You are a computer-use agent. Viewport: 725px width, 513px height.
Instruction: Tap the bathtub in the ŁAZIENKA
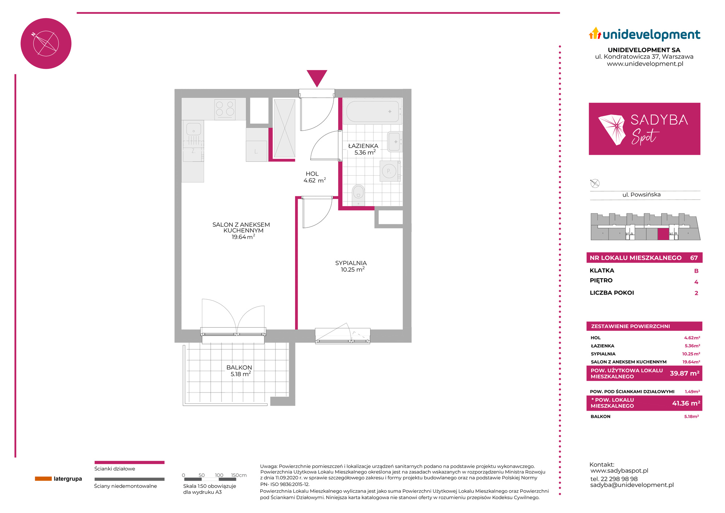coord(373,111)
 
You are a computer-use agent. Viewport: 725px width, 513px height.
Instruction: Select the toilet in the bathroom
coord(358,194)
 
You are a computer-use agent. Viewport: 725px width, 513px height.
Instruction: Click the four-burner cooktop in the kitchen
coord(225,109)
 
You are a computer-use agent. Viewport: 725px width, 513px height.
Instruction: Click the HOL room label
coord(312,174)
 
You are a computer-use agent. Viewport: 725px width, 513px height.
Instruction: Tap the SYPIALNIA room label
coord(351,263)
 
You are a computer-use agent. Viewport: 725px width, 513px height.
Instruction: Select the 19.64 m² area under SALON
coord(243,237)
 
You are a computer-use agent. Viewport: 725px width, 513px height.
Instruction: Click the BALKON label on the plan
coord(239,368)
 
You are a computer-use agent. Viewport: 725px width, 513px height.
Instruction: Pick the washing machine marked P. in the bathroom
coord(389,171)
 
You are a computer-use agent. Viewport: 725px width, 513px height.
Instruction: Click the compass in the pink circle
coord(46,44)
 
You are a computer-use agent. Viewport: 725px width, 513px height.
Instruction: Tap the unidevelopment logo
coord(645,34)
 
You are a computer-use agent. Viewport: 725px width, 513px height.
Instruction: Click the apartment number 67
coord(694,258)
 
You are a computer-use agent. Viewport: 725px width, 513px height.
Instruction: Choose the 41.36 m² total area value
coord(686,403)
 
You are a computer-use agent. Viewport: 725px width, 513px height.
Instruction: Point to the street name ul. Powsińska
coord(642,195)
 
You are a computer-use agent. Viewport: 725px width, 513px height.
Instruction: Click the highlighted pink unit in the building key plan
coord(663,234)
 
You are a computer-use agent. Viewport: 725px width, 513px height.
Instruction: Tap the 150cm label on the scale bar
coord(239,475)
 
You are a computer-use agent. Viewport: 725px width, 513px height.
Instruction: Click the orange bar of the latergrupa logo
coord(43,479)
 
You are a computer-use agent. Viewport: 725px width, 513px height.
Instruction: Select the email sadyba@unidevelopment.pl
coord(632,485)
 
